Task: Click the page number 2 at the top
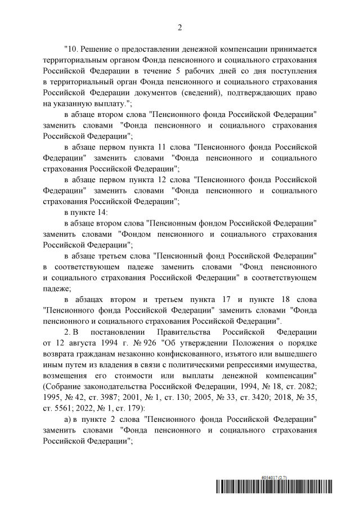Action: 180,26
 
